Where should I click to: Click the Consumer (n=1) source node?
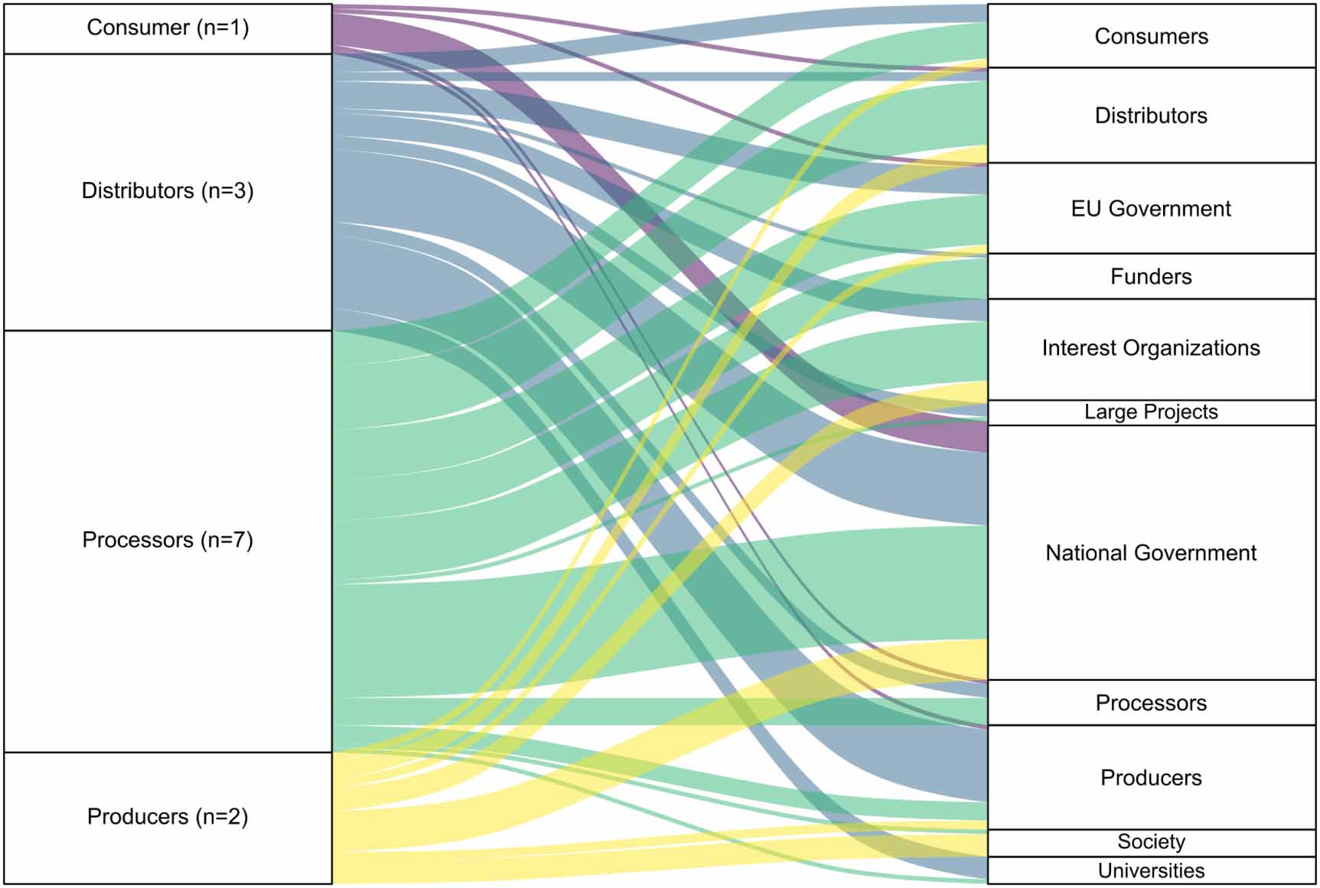coord(168,28)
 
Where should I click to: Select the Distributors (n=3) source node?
coord(168,191)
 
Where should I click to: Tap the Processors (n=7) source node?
coord(168,540)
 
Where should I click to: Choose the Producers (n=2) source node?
coord(168,817)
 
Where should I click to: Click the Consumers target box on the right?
coord(1151,36)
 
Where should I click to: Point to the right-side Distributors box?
coord(1151,115)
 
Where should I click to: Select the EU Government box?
coord(1151,209)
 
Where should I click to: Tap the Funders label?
coord(1151,276)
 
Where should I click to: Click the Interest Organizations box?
coord(1151,349)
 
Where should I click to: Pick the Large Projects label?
coord(1151,412)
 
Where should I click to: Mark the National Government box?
coord(1151,552)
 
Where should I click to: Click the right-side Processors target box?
coord(1151,702)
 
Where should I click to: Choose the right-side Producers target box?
coord(1151,777)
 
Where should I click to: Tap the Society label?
coord(1151,842)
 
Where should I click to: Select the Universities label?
coord(1151,870)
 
